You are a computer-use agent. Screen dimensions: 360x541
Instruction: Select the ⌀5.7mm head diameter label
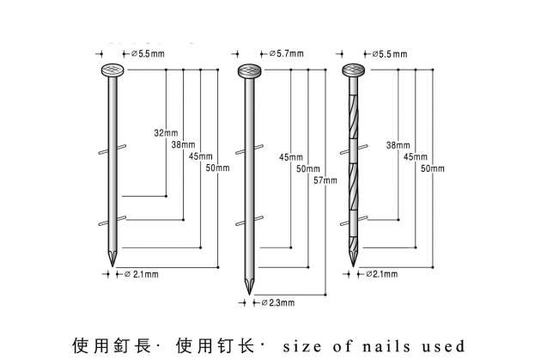(x=287, y=54)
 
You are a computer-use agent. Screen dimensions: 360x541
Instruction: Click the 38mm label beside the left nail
(x=182, y=144)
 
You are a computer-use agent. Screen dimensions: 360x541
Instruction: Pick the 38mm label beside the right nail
(x=398, y=144)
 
